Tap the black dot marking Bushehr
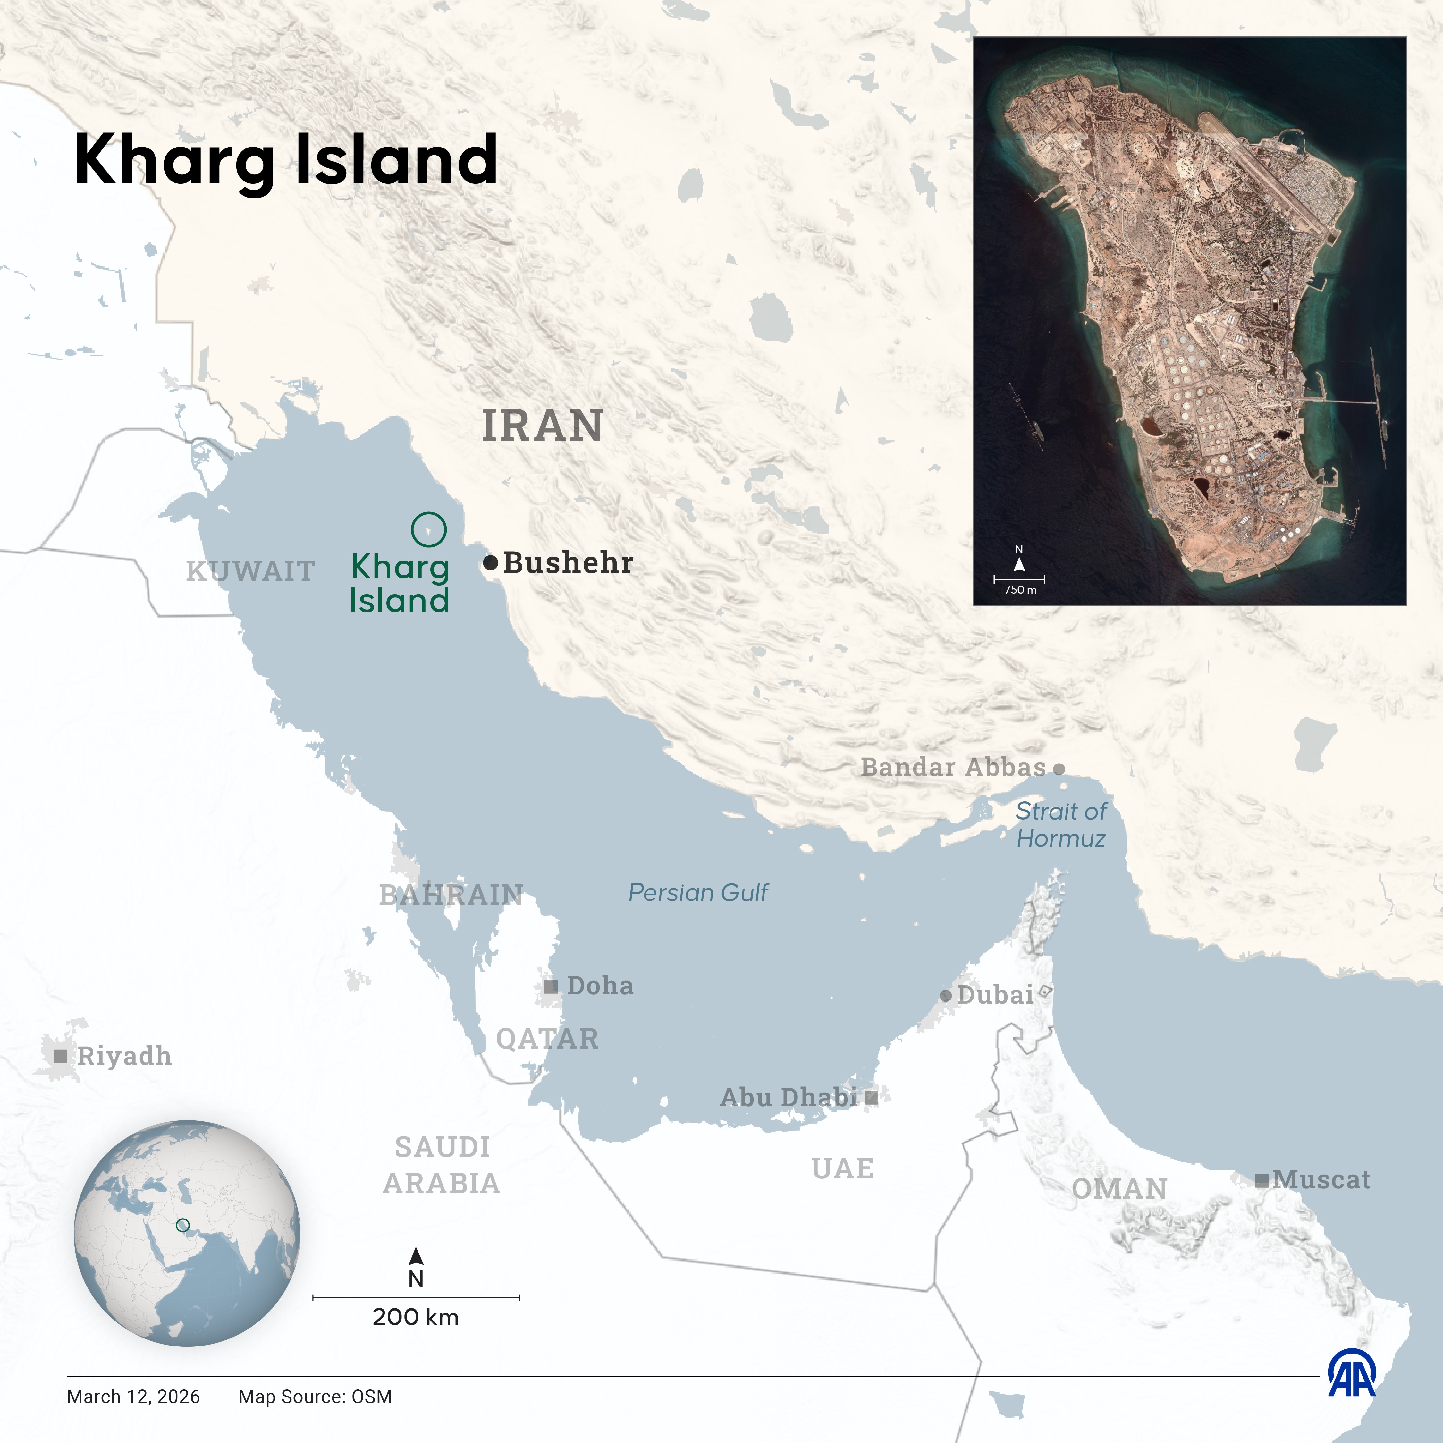click(490, 563)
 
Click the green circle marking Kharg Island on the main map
click(429, 529)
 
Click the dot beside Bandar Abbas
click(1059, 769)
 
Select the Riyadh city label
click(124, 1056)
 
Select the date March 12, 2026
click(134, 1397)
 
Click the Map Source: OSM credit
click(315, 1397)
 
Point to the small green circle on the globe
click(182, 1226)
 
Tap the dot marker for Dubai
click(946, 996)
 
